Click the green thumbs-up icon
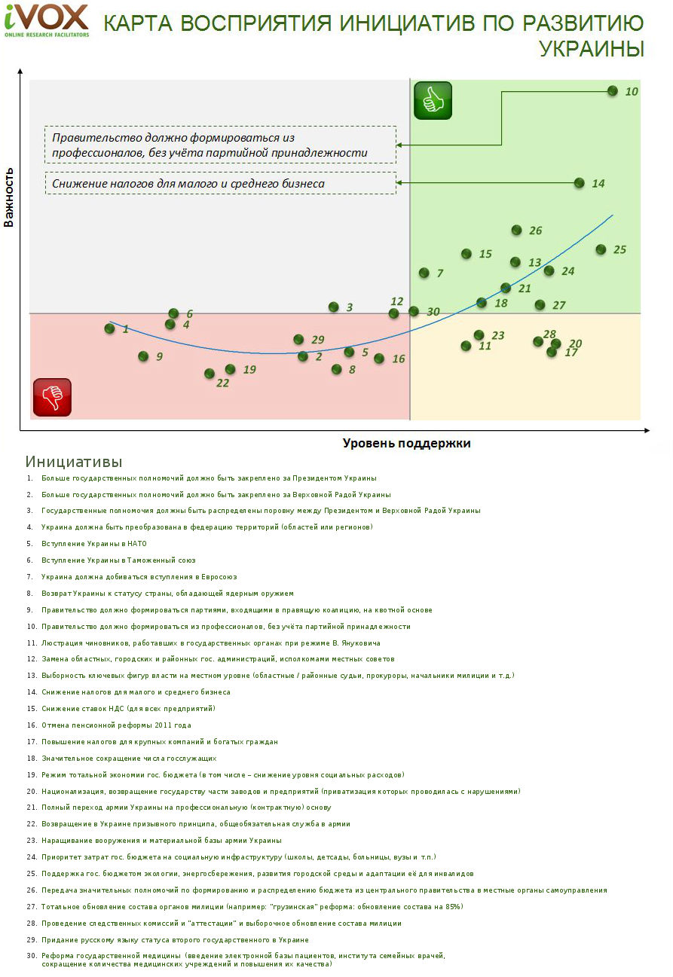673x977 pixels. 433,100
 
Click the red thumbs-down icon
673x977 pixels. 52,397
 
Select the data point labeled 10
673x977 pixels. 613,91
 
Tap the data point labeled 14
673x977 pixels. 579,182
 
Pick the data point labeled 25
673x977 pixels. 601,249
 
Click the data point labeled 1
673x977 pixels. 110,328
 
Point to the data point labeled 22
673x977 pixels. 210,374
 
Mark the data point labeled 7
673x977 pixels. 424,273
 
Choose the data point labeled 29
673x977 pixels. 298,340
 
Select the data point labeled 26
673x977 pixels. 517,230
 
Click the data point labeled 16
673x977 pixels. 379,359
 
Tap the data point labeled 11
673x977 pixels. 466,346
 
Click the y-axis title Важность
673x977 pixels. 10,197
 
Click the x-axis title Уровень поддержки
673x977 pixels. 406,443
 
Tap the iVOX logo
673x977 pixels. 46,20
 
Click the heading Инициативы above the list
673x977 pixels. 73,462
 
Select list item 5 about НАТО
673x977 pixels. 94,543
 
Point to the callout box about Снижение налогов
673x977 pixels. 220,183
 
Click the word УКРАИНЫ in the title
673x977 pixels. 592,48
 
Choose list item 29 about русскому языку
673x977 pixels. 175,939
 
